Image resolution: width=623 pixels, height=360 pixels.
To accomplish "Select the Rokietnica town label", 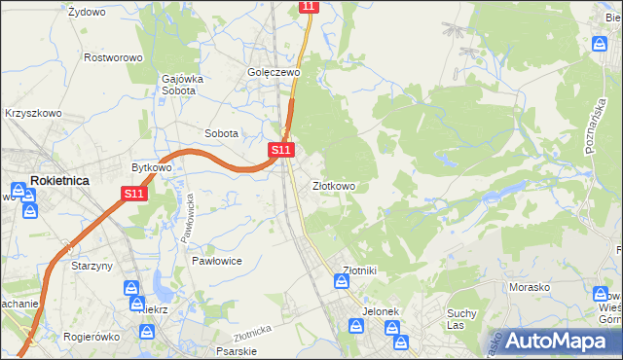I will tap(60, 180).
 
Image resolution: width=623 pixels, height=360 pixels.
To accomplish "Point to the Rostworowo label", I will tap(114, 57).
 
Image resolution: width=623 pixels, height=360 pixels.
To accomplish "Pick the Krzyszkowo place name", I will tap(33, 113).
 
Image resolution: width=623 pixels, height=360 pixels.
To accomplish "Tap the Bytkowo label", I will tap(152, 167).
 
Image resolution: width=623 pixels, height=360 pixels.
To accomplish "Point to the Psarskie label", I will tap(236, 351).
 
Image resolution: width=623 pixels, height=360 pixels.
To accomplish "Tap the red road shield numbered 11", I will tap(309, 6).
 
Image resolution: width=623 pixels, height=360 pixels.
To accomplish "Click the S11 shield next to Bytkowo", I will tap(134, 195).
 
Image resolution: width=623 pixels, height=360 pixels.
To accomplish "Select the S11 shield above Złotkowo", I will tap(280, 150).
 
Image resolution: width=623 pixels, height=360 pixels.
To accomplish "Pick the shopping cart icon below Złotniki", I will tap(342, 281).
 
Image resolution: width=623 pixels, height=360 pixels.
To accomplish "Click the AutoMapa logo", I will tap(552, 342).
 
